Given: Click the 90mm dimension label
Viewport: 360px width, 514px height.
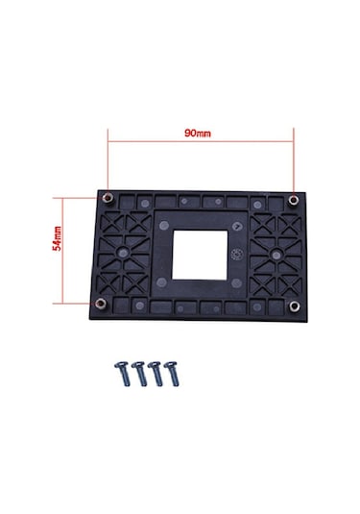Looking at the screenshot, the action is click(198, 134).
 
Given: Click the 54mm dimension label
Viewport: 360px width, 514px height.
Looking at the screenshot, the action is click(57, 238).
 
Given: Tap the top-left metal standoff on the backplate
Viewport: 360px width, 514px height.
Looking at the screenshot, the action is click(108, 198).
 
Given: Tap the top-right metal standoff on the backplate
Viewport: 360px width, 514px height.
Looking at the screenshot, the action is click(293, 200).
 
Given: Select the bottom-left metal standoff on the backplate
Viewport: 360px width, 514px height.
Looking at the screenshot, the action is click(101, 304).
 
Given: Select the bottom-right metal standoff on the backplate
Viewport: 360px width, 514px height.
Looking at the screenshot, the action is click(295, 306).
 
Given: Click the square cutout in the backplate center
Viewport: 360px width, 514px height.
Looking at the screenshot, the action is click(200, 255).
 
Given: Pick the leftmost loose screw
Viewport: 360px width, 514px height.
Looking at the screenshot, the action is click(123, 374).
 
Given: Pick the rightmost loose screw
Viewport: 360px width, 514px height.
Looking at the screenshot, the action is click(172, 374).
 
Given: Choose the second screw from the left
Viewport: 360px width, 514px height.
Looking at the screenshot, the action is click(139, 374).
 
